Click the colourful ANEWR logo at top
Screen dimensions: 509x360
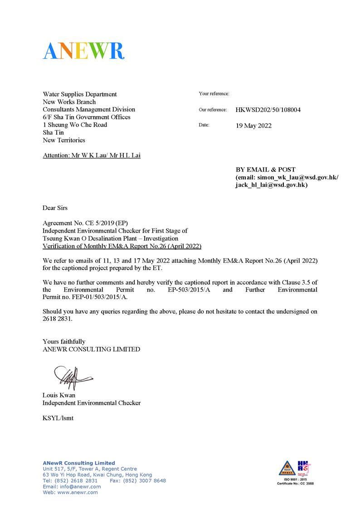[x=83, y=51]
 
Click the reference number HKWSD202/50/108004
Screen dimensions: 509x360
[x=268, y=110]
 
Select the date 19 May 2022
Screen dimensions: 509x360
[x=253, y=126]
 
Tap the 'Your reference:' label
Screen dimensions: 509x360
[x=214, y=94]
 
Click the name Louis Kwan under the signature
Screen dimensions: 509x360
[x=59, y=395]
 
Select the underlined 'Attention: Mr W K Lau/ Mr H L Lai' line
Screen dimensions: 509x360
[x=92, y=156]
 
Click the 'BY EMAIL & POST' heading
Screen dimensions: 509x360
[x=265, y=170]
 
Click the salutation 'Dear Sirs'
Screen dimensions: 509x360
[x=55, y=208]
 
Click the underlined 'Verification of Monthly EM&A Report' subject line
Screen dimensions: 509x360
[x=122, y=246]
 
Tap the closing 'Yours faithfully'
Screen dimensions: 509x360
[x=64, y=342]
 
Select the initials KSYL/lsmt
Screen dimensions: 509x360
[x=58, y=418]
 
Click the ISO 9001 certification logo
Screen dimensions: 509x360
[x=295, y=473]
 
